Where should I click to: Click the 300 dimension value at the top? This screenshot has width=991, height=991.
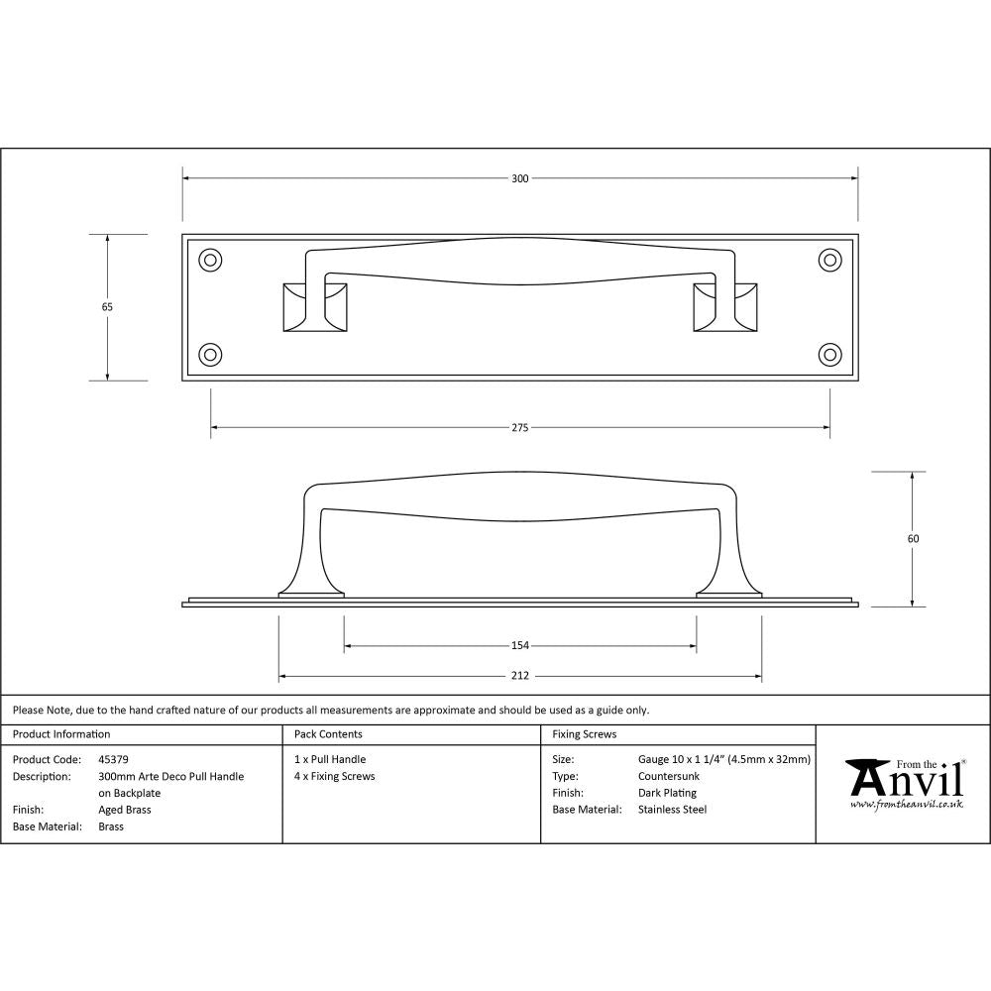pyautogui.click(x=519, y=179)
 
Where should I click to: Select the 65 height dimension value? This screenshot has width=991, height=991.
pyautogui.click(x=107, y=307)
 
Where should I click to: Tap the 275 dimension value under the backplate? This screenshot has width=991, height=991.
pyautogui.click(x=519, y=428)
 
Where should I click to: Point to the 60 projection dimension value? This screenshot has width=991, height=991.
pyautogui.click(x=913, y=539)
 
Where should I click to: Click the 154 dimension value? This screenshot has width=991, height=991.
pyautogui.click(x=519, y=646)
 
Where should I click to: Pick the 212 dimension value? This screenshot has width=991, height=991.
pyautogui.click(x=519, y=677)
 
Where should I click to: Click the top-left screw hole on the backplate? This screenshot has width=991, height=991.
pyautogui.click(x=210, y=260)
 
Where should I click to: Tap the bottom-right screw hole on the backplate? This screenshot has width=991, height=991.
pyautogui.click(x=829, y=354)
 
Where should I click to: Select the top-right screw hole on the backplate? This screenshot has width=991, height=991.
pyautogui.click(x=829, y=260)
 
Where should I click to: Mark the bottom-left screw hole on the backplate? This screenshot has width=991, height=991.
pyautogui.click(x=210, y=354)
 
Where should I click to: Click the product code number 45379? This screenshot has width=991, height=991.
pyautogui.click(x=114, y=760)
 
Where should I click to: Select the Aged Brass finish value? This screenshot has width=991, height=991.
pyautogui.click(x=125, y=810)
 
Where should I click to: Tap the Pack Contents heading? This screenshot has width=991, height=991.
pyautogui.click(x=328, y=734)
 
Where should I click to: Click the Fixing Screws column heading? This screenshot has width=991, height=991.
pyautogui.click(x=584, y=734)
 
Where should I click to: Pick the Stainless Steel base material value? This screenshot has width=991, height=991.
pyautogui.click(x=672, y=810)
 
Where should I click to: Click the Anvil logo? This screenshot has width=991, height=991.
pyautogui.click(x=904, y=783)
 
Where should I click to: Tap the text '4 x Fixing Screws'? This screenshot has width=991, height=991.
pyautogui.click(x=335, y=777)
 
